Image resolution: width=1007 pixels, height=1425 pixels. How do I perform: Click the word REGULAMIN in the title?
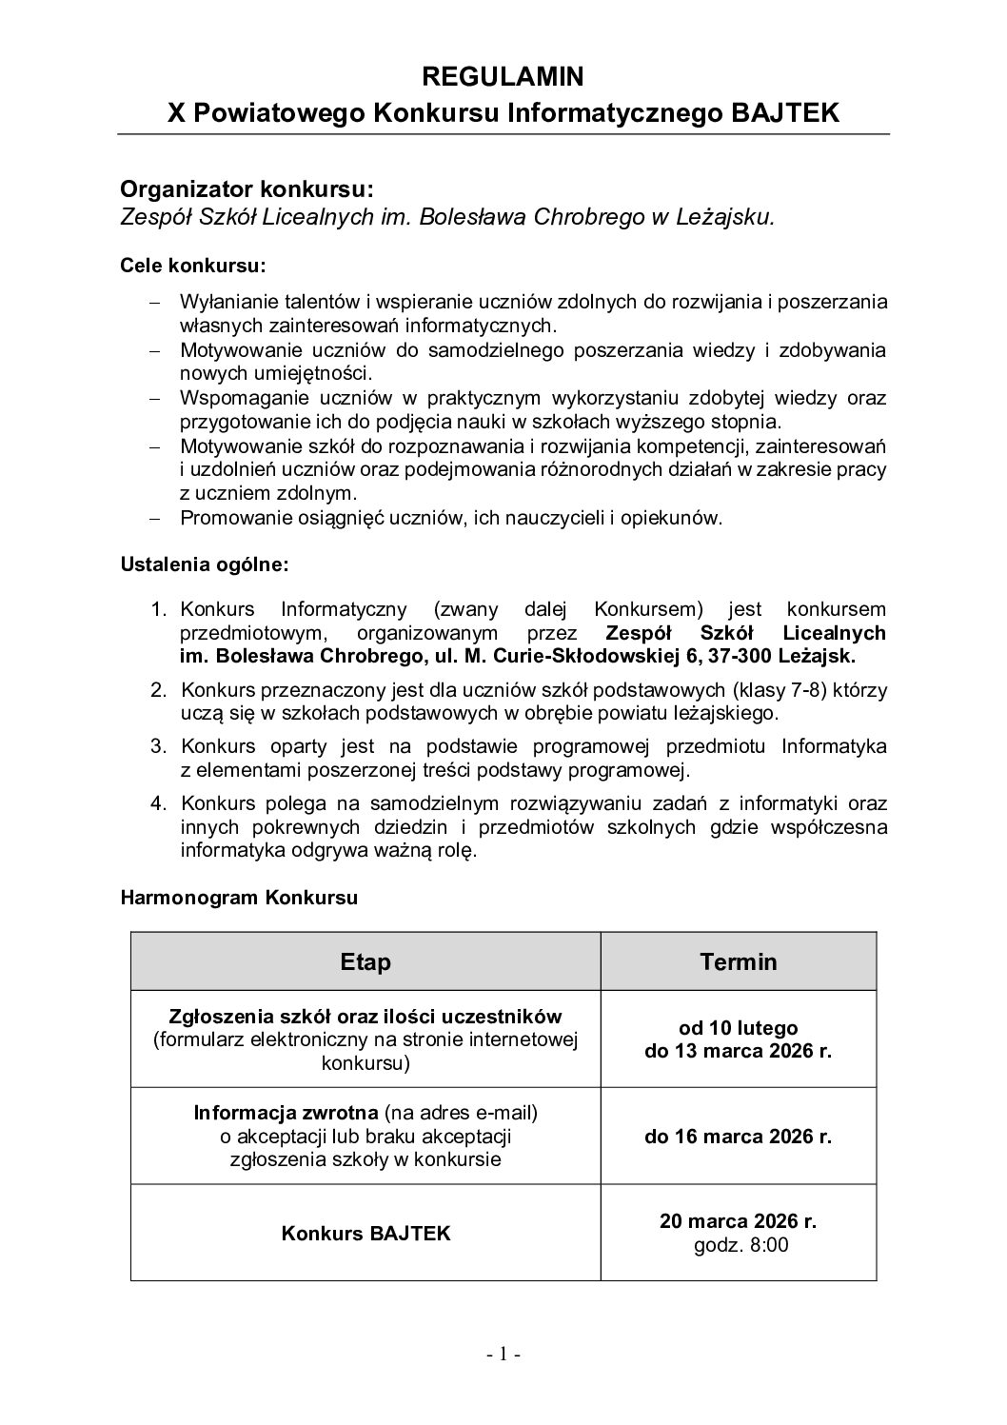(x=503, y=76)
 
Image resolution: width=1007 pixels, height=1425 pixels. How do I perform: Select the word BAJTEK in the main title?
(x=785, y=113)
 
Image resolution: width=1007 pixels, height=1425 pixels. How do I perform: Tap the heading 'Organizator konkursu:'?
(x=241, y=188)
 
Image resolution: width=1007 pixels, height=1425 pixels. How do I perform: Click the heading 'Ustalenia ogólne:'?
(x=205, y=564)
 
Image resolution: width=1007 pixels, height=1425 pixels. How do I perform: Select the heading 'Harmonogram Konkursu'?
(x=239, y=898)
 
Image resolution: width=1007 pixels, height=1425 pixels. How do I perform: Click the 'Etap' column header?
(x=365, y=961)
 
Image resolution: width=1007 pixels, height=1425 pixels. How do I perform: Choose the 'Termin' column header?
(x=739, y=961)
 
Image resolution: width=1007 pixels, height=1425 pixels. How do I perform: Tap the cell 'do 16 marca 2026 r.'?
(x=739, y=1137)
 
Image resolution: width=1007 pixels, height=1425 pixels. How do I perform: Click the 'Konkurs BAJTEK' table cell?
(x=365, y=1234)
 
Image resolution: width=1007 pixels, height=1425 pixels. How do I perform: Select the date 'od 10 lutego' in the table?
(x=739, y=1028)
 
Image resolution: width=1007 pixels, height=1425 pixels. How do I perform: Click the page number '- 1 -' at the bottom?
(x=503, y=1355)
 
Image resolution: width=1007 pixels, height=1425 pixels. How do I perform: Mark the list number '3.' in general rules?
(x=159, y=745)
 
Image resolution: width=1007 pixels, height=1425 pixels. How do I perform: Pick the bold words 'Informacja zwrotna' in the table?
(x=286, y=1113)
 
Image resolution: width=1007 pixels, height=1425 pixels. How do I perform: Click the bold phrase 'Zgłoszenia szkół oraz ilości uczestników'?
(x=365, y=1017)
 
